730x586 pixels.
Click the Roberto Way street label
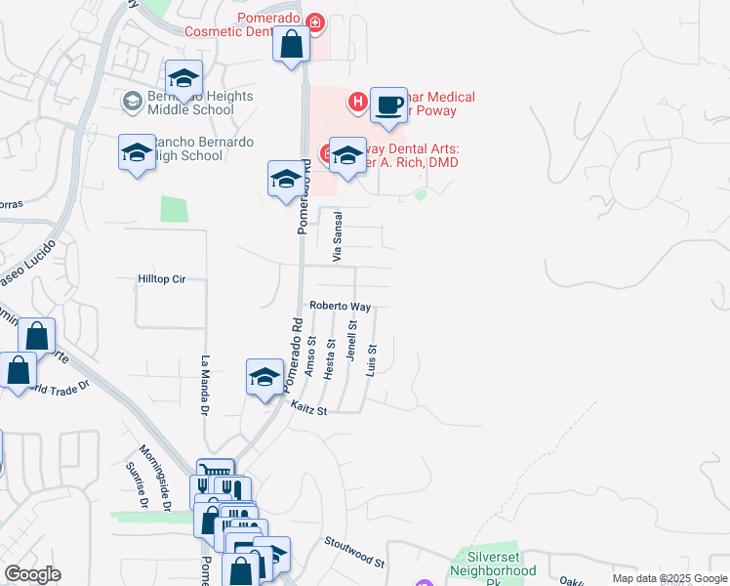coord(340,306)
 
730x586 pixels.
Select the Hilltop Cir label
coord(161,279)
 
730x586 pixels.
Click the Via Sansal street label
coord(339,236)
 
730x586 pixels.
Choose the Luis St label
coord(371,360)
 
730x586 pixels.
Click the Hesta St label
coord(331,358)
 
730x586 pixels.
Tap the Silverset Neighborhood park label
coord(495,569)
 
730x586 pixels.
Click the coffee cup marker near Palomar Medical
coord(388,105)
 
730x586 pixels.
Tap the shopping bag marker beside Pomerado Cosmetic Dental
coord(292,45)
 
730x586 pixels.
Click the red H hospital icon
coord(358,100)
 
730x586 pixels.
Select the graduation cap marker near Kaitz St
coord(264,377)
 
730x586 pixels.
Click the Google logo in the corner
coord(32,574)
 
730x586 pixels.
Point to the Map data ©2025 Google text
coord(669,578)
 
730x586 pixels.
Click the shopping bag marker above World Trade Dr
coord(37,336)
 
